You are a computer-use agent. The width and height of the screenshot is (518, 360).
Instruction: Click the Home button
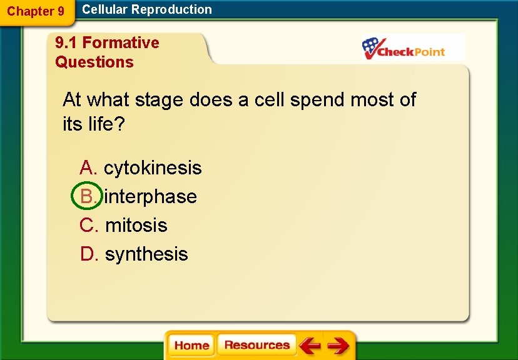coord(191,346)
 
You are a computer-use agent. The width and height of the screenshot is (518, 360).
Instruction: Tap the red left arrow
coord(309,346)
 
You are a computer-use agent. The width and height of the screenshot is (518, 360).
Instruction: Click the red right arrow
coord(338,346)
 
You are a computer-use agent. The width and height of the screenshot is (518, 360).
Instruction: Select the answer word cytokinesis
coord(153,167)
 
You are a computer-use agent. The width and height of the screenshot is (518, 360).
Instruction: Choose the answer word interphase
coord(151,196)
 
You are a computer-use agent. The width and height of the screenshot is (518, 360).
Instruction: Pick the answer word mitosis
coord(136,225)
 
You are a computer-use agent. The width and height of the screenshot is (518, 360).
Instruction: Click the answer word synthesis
coord(146,254)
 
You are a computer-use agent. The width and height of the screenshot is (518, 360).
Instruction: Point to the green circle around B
coord(87,196)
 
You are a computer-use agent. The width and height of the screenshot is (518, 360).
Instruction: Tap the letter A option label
coord(88,167)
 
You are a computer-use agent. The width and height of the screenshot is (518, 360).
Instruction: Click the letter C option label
coord(89,225)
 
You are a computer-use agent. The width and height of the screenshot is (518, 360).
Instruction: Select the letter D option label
coord(89,254)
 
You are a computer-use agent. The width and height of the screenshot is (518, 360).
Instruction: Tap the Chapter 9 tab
coord(36,11)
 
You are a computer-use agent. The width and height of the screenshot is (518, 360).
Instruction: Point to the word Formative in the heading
coord(121,42)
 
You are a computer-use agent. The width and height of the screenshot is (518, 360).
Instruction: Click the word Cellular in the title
coord(104,9)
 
